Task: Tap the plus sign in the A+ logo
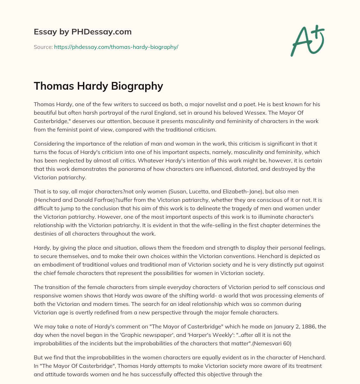317,32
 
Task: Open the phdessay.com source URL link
116,47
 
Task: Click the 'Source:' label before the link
43,47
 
